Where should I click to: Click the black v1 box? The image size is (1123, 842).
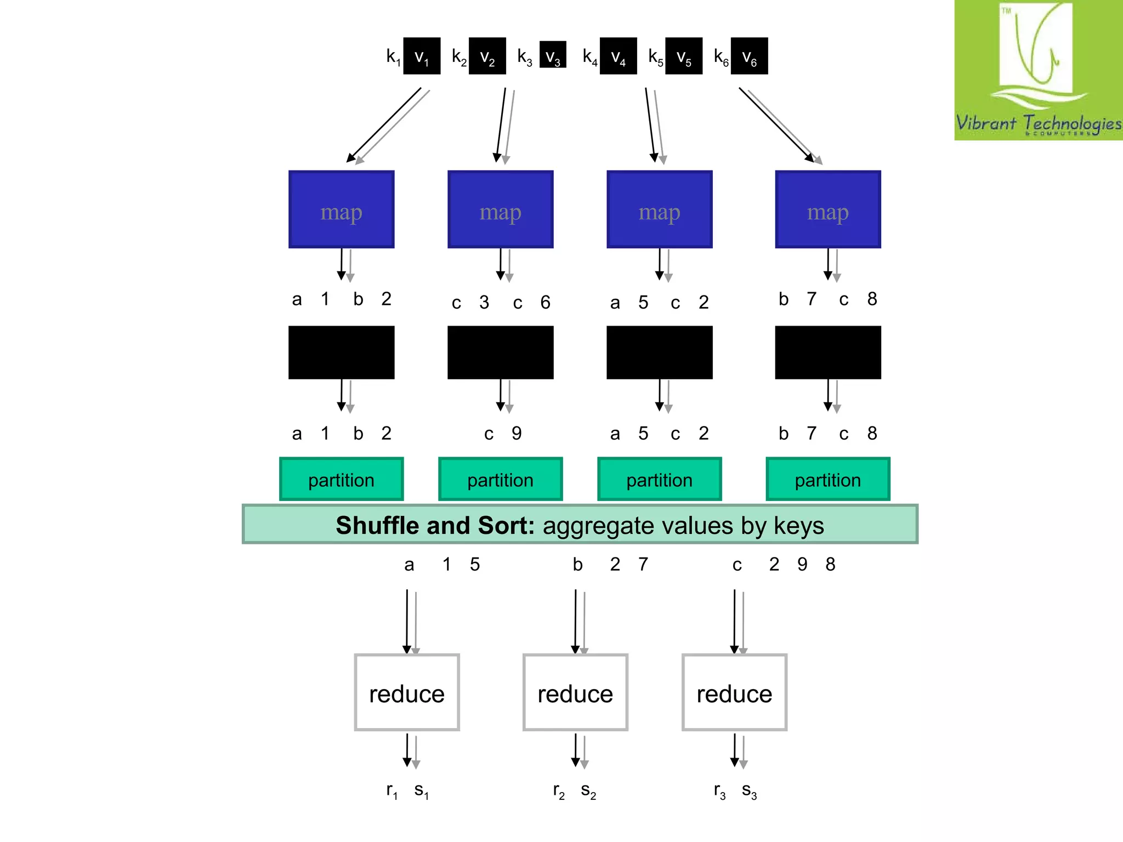(422, 56)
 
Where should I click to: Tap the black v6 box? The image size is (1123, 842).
(749, 56)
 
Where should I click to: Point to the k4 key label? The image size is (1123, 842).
(589, 56)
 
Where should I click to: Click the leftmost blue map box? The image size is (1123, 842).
(341, 209)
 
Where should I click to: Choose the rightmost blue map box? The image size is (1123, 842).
(827, 209)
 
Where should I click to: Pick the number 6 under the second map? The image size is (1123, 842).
(545, 302)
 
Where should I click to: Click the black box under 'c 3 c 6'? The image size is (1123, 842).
(500, 352)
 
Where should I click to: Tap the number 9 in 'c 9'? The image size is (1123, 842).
(517, 433)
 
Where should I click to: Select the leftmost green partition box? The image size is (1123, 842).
(341, 479)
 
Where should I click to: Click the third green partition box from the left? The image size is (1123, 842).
(659, 479)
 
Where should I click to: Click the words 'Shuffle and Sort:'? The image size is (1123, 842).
(435, 525)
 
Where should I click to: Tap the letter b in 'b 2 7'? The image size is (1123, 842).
(577, 564)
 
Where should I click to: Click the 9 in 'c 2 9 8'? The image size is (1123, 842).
(802, 564)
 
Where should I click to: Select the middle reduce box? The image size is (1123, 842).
(575, 692)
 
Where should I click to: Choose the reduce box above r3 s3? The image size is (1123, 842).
(734, 692)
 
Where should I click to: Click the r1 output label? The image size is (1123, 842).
(392, 790)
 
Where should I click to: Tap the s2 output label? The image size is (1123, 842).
(588, 790)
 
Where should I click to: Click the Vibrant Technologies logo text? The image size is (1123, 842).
(1038, 123)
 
